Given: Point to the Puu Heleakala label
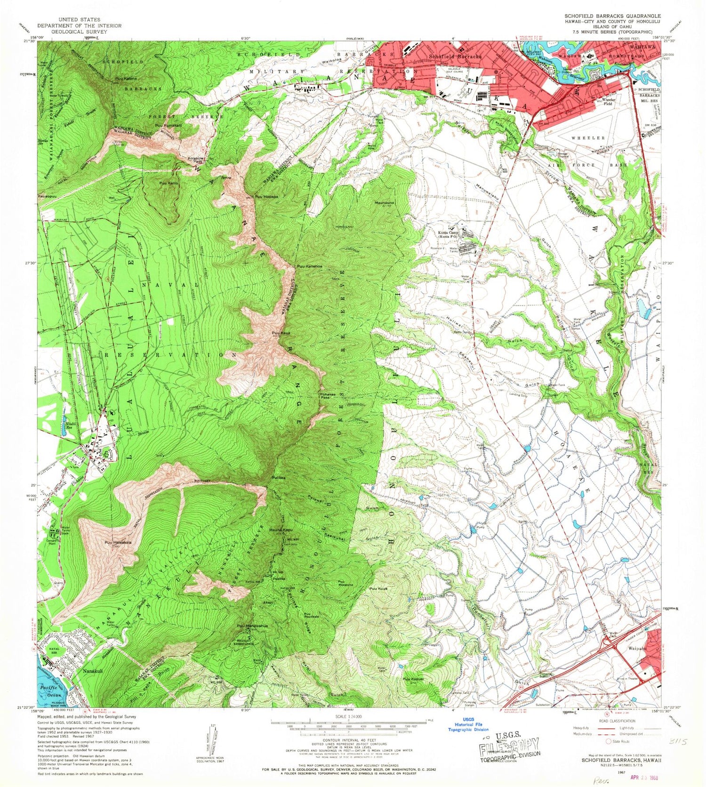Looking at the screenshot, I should coord(118,542).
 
